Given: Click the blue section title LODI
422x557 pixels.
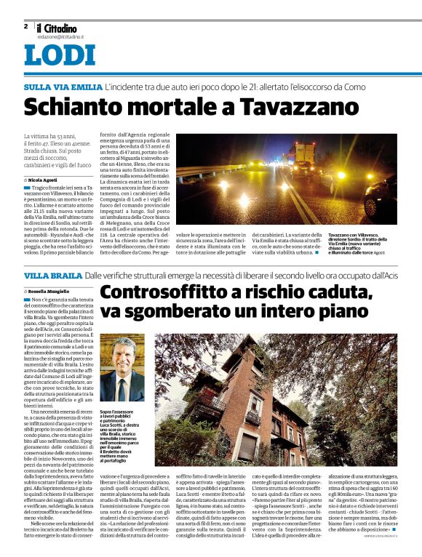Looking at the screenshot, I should pyautogui.click(x=54, y=56).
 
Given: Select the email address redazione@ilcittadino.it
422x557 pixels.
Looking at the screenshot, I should pyautogui.click(x=60, y=36).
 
